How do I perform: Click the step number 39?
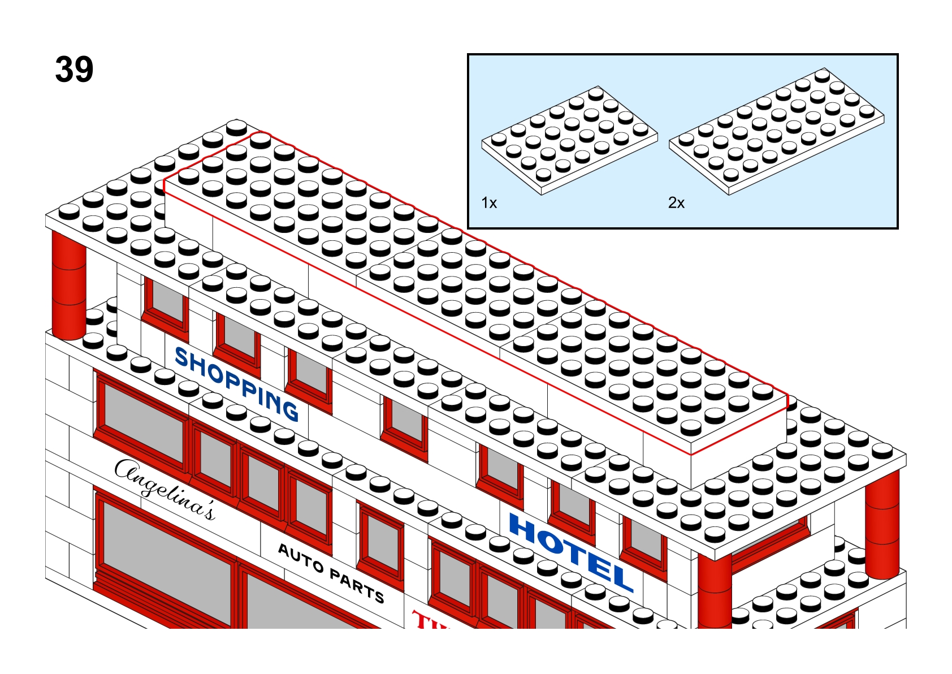pyautogui.click(x=74, y=70)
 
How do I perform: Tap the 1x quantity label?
pyautogui.click(x=489, y=202)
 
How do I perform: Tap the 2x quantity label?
pyautogui.click(x=676, y=202)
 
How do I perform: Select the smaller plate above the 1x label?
pyautogui.click(x=569, y=141)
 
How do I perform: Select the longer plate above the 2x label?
pyautogui.click(x=776, y=132)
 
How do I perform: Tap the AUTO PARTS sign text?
pyautogui.click(x=331, y=573)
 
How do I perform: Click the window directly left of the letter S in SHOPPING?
pyautogui.click(x=166, y=306)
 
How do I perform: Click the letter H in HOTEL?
pyautogui.click(x=525, y=528)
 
